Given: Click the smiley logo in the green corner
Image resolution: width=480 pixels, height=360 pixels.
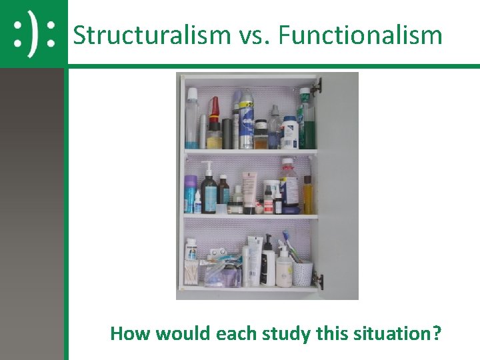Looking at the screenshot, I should [x=34, y=34].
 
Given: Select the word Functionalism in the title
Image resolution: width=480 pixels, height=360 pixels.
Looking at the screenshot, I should [x=360, y=35].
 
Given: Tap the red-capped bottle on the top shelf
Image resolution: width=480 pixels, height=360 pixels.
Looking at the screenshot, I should [x=214, y=124].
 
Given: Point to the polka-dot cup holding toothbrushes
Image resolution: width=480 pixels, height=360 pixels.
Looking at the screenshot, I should [x=303, y=273].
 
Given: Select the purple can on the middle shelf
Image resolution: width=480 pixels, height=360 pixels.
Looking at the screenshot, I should [x=191, y=193].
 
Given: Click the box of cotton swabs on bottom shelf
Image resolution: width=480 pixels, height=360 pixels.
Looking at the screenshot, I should [x=191, y=273].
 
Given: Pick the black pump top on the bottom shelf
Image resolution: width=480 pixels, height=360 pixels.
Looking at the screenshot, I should [x=267, y=241].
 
